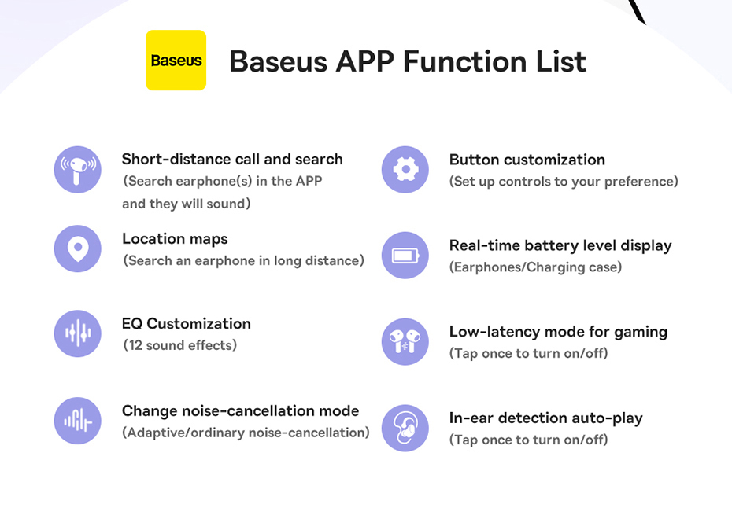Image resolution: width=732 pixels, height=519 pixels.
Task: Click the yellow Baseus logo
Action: point(176,60)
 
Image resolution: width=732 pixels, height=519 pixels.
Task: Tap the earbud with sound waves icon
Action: point(77,169)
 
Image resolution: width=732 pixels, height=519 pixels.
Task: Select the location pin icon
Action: point(77,248)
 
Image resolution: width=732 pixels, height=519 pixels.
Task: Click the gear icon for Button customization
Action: point(405,169)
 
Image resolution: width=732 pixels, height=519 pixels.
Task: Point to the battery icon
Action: point(405,255)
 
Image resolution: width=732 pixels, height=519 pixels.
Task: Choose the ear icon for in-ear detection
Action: point(405,428)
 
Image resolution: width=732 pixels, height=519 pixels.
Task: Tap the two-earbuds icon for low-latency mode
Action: point(405,341)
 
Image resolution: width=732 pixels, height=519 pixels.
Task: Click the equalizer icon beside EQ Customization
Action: point(77,333)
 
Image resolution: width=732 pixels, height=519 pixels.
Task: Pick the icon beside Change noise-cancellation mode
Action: point(77,421)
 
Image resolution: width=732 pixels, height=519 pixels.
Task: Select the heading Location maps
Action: point(175,239)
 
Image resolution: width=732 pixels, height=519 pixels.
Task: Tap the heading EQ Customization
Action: point(187,324)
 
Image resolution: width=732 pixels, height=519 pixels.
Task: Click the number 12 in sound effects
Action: point(135,345)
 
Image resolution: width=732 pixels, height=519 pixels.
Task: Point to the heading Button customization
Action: point(527,160)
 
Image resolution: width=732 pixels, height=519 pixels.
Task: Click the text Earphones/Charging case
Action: point(535,267)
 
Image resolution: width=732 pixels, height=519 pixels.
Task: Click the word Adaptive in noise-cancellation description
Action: point(156,433)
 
